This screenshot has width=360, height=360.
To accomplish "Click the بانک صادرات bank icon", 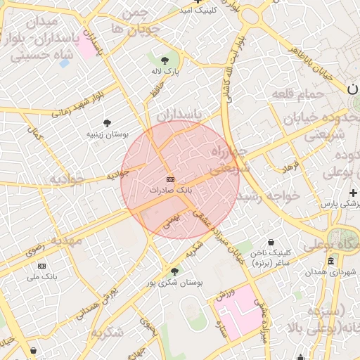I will pos(170,181).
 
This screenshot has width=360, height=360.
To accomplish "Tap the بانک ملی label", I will pos(41,276).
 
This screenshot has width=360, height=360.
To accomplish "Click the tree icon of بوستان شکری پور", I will pos(174,271).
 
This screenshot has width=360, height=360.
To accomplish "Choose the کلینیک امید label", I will pos(198,11).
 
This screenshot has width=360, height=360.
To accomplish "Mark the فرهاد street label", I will pos(290,168).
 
